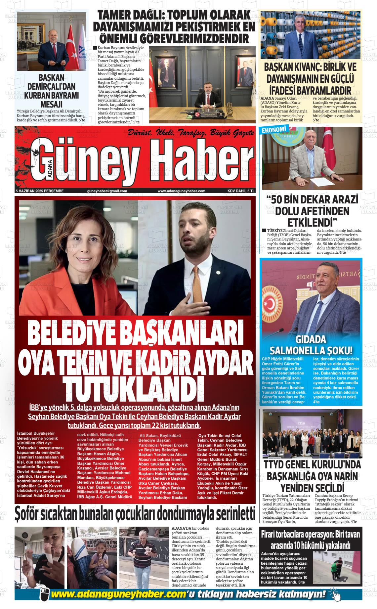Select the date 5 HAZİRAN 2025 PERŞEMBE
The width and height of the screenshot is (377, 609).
(40, 191)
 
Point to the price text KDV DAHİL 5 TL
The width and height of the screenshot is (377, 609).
(241, 191)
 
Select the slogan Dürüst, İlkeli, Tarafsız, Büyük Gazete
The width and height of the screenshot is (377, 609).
(191, 133)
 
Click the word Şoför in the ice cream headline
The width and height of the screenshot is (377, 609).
(30, 515)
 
